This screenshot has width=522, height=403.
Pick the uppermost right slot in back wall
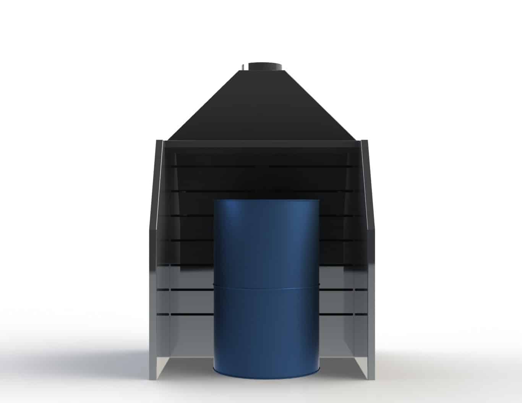310,167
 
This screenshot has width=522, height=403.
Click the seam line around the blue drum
266,286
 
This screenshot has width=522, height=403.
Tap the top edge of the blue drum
266,200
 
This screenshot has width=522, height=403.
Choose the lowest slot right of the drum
336,314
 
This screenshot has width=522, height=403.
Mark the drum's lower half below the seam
266,329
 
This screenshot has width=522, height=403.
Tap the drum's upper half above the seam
266,241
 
